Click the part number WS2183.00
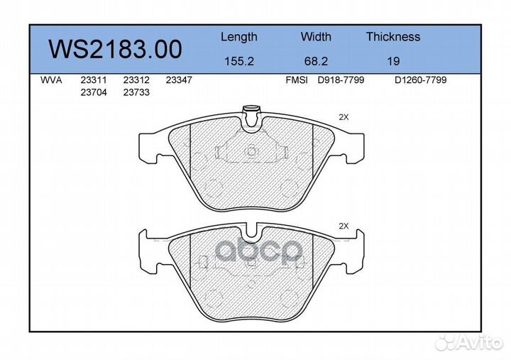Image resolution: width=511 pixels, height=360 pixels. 115,49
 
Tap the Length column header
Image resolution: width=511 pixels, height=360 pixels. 239,37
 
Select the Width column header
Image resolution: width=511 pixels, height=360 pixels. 316,36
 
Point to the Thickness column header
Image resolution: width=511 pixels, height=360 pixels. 393,36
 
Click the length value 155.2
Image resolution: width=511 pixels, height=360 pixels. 239,61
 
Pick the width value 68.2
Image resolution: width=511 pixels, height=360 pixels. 316,61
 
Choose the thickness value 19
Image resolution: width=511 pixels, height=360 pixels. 393,61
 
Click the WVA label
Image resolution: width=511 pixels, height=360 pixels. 51,80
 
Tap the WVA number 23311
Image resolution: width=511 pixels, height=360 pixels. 94,80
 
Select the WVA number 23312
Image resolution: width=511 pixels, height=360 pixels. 136,80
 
